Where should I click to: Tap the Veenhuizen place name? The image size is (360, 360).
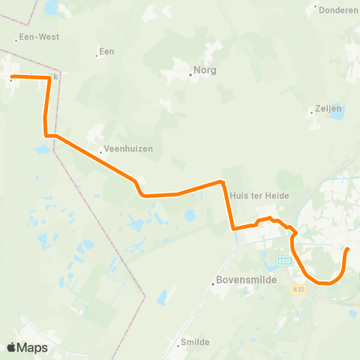129,148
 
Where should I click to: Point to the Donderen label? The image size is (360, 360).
339,10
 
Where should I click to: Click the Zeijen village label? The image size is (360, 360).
327,108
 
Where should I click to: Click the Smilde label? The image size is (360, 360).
195,342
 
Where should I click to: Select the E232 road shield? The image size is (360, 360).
284,260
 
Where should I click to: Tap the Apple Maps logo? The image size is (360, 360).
27,347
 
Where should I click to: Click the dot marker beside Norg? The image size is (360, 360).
190,74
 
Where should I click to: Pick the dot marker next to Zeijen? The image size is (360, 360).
311,113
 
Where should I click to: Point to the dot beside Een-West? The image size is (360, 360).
16,40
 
